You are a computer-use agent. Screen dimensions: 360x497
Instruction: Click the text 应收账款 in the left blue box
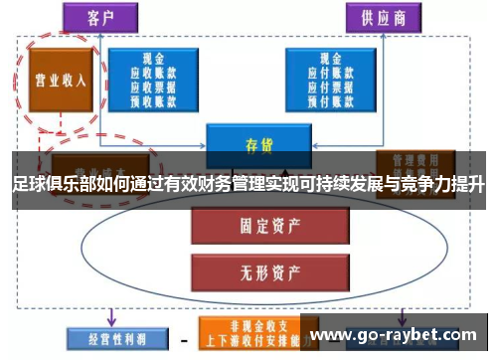click(153, 74)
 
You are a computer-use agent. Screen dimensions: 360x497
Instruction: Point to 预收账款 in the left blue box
click(153, 99)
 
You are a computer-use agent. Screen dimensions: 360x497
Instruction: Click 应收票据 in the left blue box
click(153, 87)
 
